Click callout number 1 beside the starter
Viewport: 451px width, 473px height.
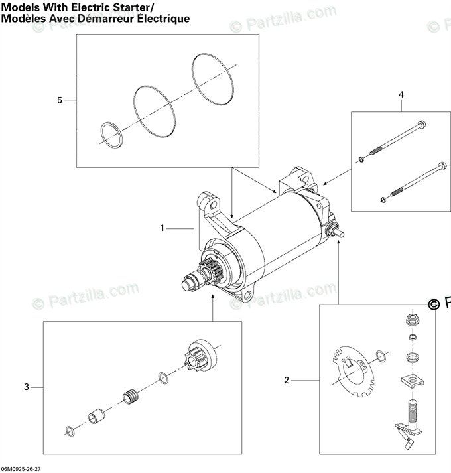tap(162, 228)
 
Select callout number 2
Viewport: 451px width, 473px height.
tap(287, 380)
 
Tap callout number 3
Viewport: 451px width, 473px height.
tap(27, 387)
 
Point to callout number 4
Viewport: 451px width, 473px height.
tap(401, 95)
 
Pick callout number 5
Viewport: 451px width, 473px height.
tap(60, 100)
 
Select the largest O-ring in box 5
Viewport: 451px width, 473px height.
tap(212, 78)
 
